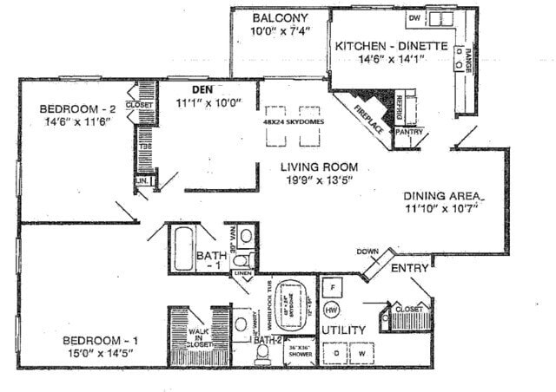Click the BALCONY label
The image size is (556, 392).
279,18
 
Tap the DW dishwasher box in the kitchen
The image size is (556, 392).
414,17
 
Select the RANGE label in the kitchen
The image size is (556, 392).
467,60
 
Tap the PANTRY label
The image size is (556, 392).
407,133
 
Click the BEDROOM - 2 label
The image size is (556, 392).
76,109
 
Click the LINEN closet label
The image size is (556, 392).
242,275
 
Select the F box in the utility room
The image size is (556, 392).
331,286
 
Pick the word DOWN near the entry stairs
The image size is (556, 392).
367,252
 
